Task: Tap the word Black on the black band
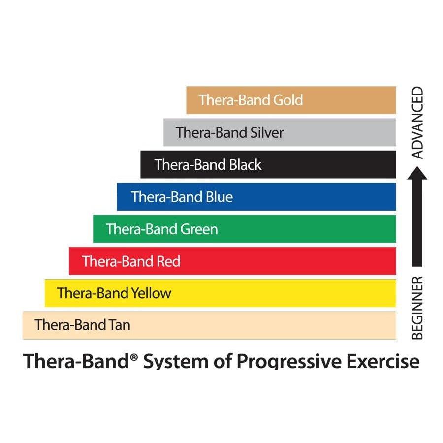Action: (x=245, y=165)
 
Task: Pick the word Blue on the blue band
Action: (x=219, y=197)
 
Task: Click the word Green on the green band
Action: (x=199, y=229)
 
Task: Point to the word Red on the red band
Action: (x=168, y=261)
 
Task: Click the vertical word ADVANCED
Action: (x=417, y=123)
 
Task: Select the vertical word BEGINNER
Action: (x=417, y=308)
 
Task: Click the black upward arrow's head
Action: (x=417, y=173)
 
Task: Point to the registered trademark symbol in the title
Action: (x=134, y=358)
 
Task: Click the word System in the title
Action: (x=176, y=361)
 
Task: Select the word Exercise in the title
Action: (x=383, y=361)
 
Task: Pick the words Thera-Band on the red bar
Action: (x=118, y=261)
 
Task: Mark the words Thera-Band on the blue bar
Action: (x=167, y=197)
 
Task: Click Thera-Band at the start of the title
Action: (x=76, y=361)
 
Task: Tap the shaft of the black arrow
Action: (x=417, y=223)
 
